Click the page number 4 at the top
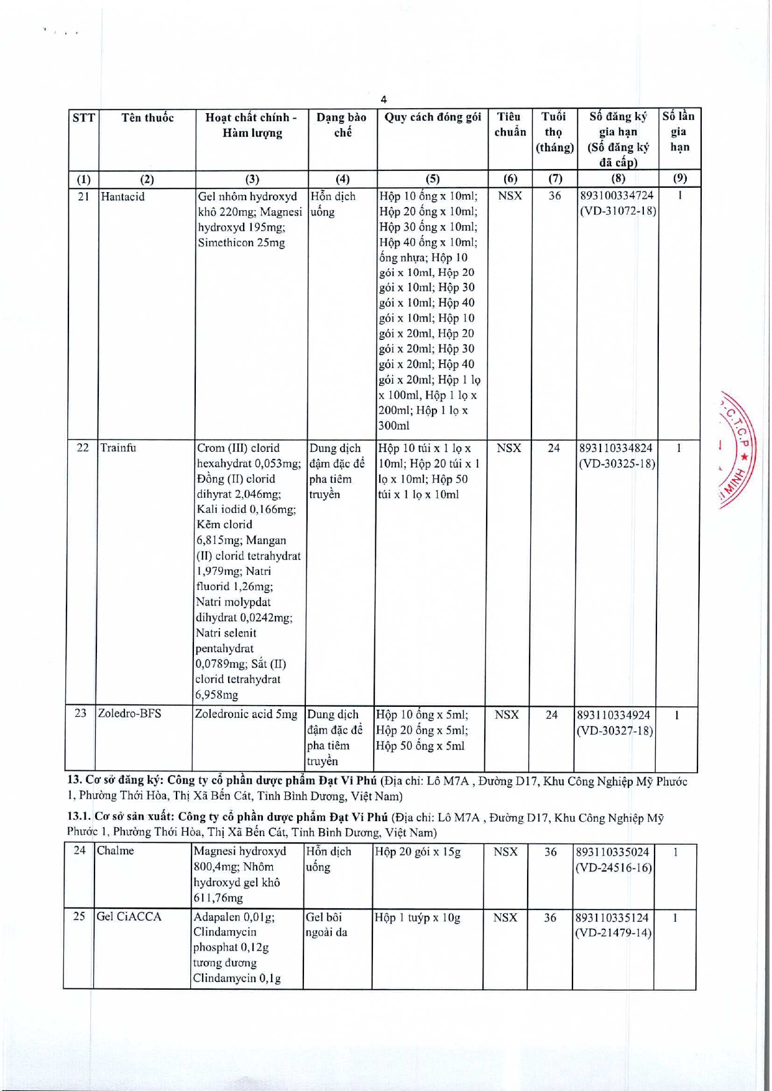[384, 99]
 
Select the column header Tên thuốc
[147, 118]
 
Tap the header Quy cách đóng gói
[433, 117]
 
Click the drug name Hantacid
[123, 197]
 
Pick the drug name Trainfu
[118, 448]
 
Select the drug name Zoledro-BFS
[129, 714]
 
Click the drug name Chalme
[116, 851]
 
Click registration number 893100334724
[617, 196]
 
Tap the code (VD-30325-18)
[617, 464]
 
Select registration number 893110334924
[615, 715]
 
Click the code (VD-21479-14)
[613, 933]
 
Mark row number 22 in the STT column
[83, 448]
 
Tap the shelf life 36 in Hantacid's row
[554, 196]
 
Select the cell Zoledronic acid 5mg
[246, 714]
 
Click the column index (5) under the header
[432, 179]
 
